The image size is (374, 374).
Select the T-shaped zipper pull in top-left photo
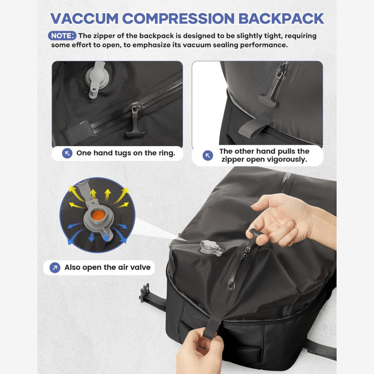click(134, 122)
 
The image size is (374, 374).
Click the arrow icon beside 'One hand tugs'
click(67, 153)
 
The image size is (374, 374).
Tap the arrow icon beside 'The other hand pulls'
click(208, 156)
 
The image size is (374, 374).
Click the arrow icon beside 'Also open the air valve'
click(55, 267)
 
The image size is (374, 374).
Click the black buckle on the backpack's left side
click(144, 292)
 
